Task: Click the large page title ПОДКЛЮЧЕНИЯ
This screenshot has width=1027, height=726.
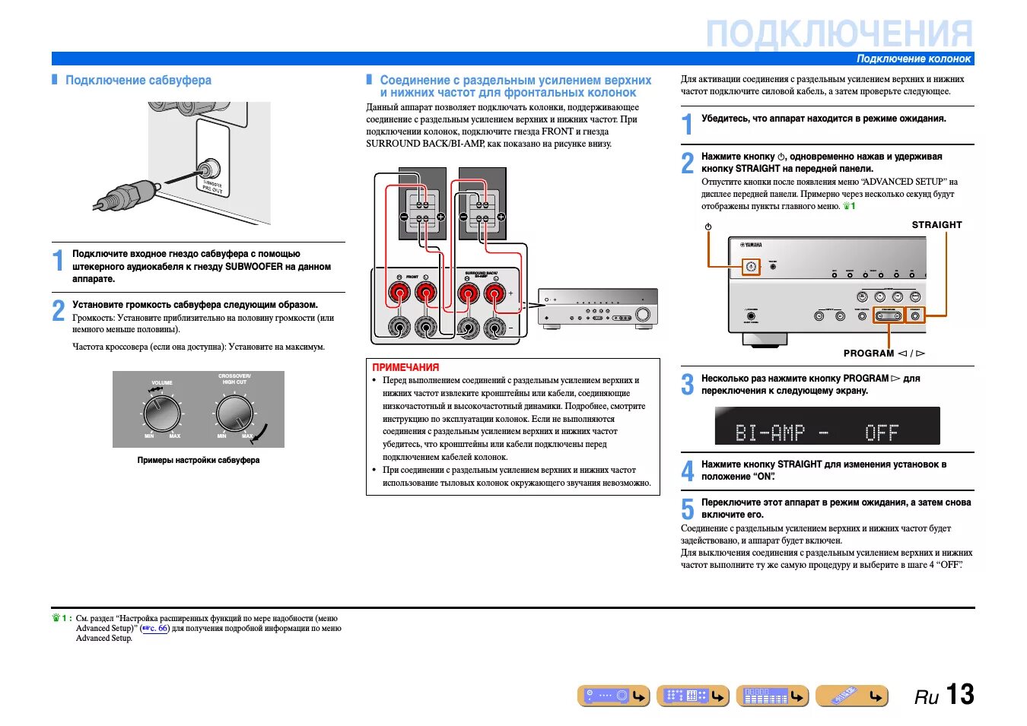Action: coord(839,35)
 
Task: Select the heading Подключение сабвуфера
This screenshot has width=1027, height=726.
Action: coord(138,80)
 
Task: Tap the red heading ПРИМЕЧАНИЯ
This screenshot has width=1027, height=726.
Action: coord(405,367)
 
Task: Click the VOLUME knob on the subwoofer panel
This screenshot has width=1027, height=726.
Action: coord(161,414)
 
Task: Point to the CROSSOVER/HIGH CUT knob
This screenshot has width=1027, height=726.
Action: coord(234,414)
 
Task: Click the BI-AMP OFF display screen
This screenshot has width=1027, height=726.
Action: coord(827,426)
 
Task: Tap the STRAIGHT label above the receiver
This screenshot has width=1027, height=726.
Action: coord(936,225)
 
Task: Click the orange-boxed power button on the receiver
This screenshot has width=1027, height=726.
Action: coord(751,267)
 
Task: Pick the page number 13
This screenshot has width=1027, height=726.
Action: coord(960,694)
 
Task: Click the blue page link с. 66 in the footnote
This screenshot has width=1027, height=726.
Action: coord(155,629)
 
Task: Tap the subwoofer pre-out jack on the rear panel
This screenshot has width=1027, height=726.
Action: coord(208,168)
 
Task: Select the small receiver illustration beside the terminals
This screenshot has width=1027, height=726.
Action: coord(597,308)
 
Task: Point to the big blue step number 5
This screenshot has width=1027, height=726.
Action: coord(688,509)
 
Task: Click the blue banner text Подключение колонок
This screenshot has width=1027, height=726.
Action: coord(914,59)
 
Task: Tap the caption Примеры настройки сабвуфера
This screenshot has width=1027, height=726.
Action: coord(198,460)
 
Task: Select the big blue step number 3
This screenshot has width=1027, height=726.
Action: coord(688,385)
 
